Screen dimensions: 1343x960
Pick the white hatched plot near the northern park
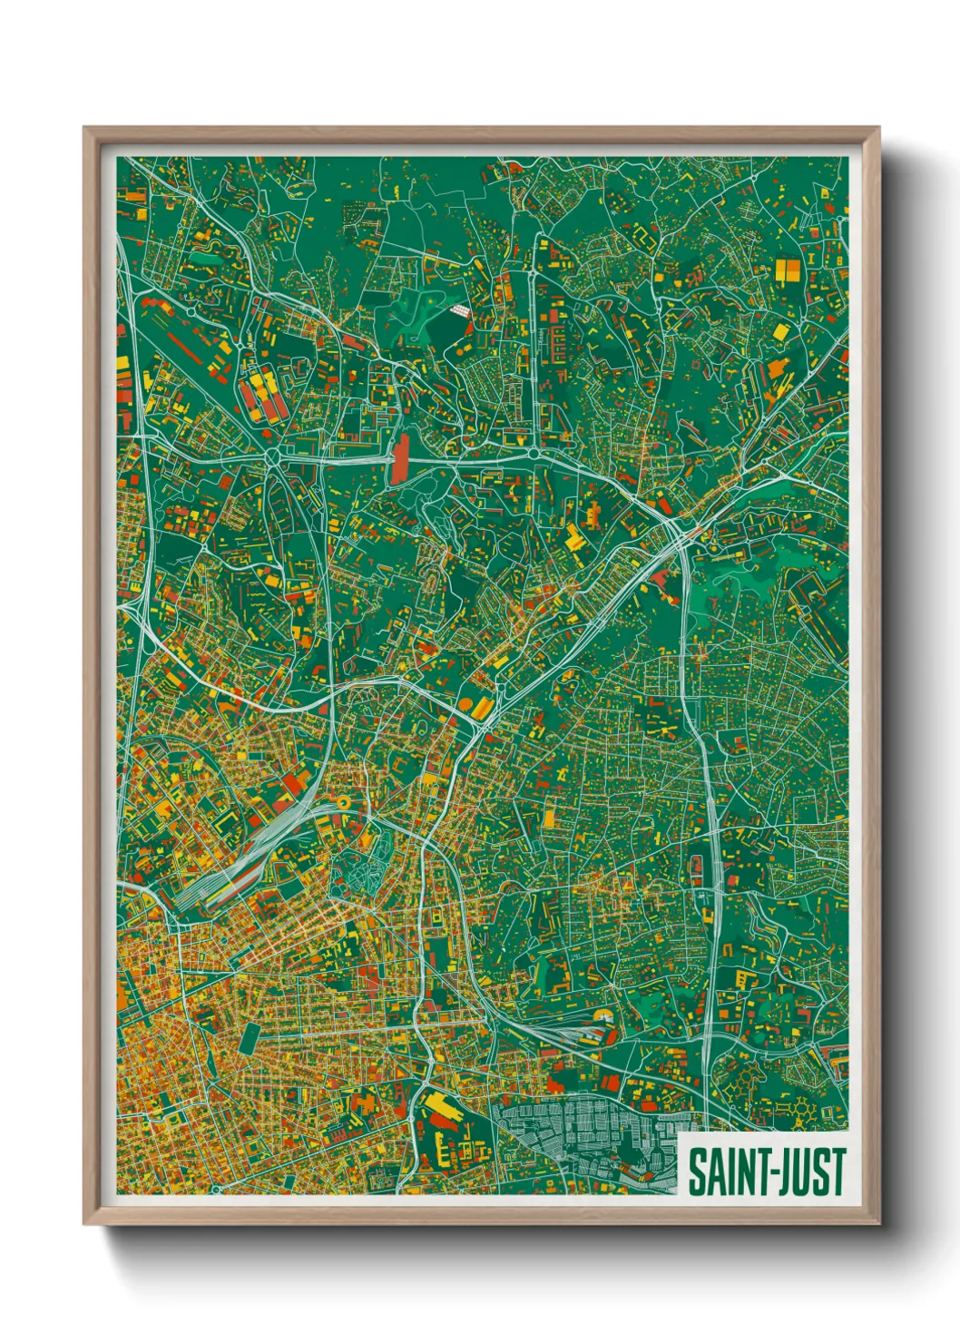pyautogui.click(x=461, y=310)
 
